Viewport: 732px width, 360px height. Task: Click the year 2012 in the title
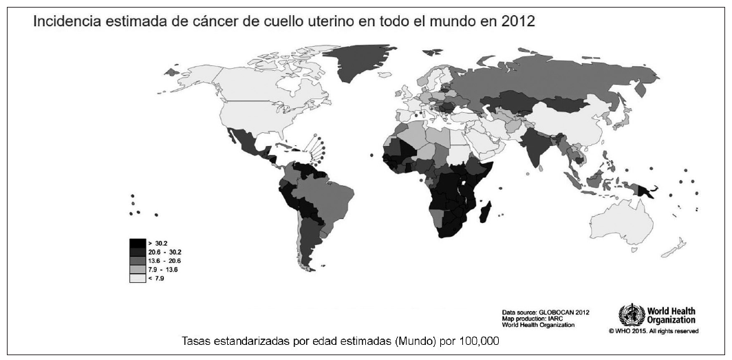click(519, 22)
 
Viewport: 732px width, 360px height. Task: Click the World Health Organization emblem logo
click(631, 316)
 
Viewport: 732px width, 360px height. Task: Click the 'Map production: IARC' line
click(535, 319)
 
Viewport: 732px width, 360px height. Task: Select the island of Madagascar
click(487, 210)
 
